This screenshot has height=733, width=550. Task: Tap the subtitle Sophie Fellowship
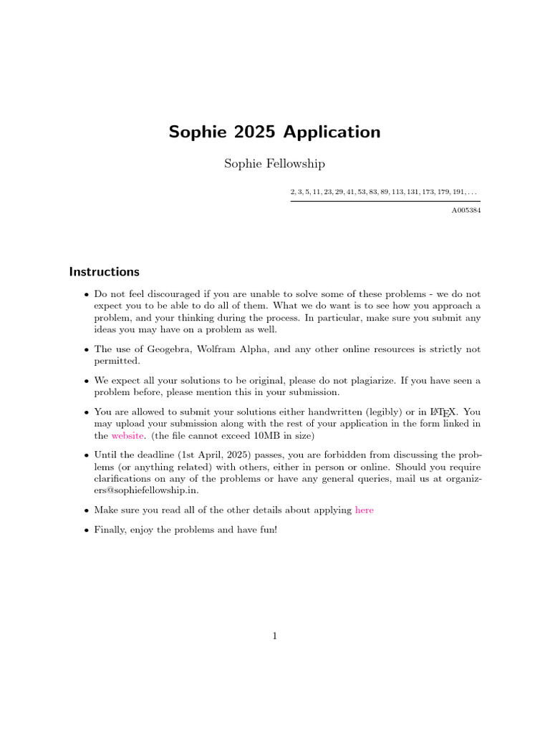pos(274,164)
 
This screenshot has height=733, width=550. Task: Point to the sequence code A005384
pos(465,211)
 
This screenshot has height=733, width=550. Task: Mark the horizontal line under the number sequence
pos(385,201)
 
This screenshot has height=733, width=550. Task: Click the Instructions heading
pos(104,272)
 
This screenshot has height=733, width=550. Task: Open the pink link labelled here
pos(365,510)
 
